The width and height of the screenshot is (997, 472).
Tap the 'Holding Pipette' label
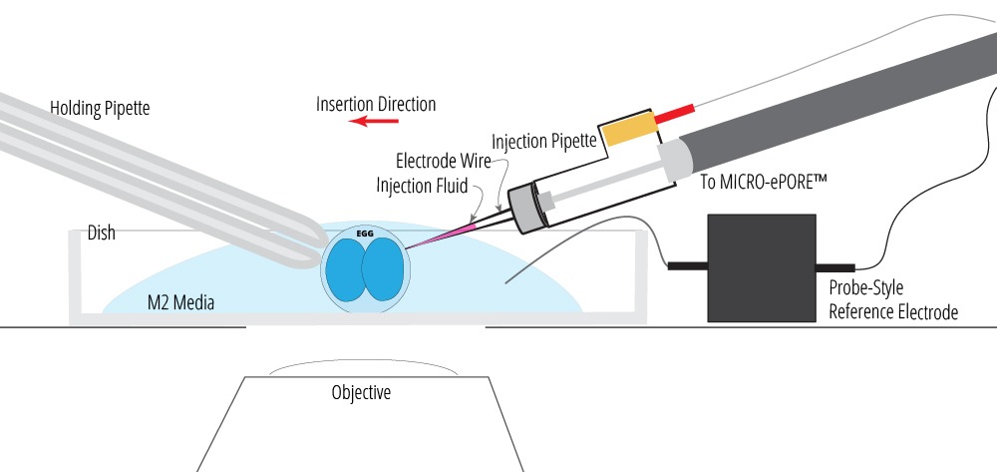100,108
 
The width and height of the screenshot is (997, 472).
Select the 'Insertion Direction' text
376,104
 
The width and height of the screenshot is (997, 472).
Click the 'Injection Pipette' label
544,141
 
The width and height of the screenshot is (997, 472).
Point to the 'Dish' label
101,233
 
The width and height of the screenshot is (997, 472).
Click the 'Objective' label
361,392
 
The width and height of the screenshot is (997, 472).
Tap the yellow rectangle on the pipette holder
627,129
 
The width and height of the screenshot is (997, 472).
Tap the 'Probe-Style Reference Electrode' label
893,299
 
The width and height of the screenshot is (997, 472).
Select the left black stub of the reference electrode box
687,266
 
